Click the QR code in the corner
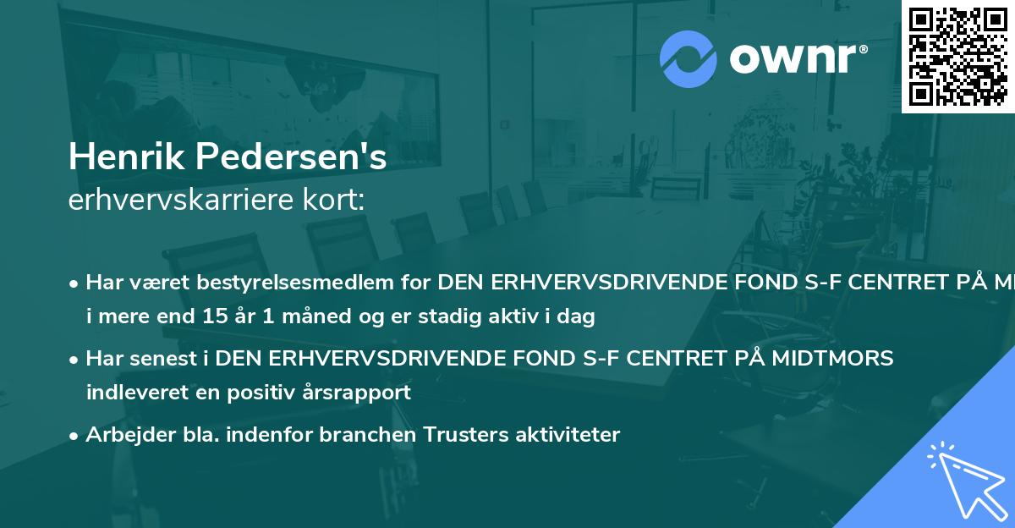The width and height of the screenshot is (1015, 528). (957, 57)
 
